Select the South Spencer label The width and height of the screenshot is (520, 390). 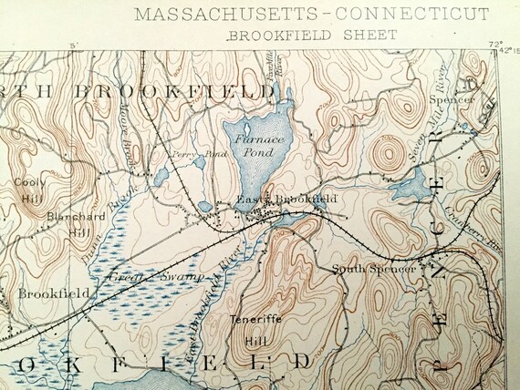point(374,269)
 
